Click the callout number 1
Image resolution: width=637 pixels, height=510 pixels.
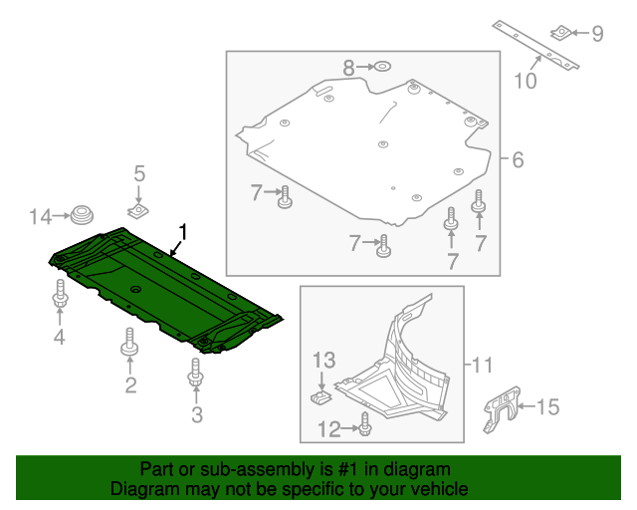click(x=182, y=234)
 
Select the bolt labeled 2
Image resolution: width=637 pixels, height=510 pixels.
click(x=128, y=345)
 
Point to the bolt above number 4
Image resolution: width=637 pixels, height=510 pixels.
click(x=59, y=296)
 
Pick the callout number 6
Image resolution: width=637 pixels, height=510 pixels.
click(x=517, y=159)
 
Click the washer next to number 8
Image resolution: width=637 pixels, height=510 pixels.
click(x=380, y=68)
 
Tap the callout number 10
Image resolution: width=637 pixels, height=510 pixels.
click(x=526, y=80)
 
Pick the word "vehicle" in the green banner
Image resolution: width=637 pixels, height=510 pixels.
click(x=437, y=489)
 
